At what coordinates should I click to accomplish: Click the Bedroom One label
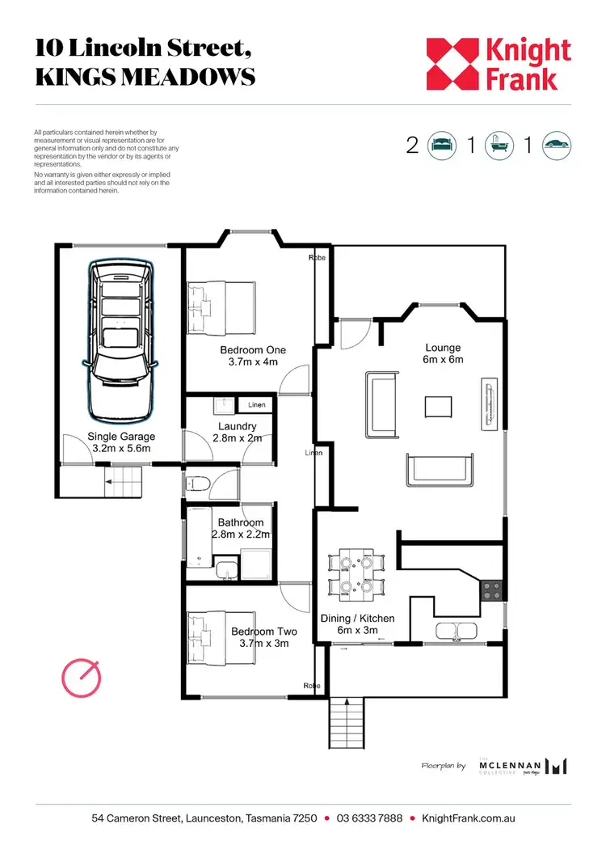pyautogui.click(x=252, y=350)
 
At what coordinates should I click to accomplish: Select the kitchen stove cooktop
pyautogui.click(x=491, y=591)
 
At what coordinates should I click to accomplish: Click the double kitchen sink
pyautogui.click(x=458, y=631)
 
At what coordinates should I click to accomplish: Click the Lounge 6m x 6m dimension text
pyautogui.click(x=444, y=360)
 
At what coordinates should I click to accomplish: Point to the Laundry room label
pyautogui.click(x=238, y=426)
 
